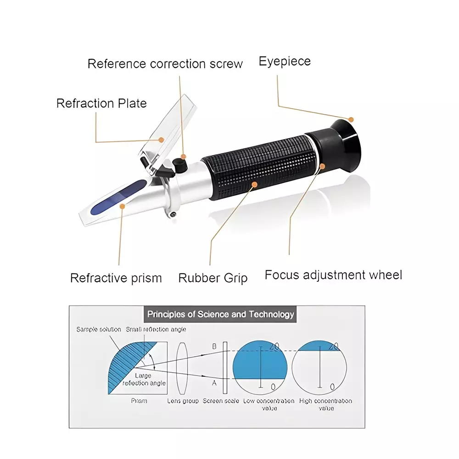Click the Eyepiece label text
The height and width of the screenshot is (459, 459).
coord(285,61)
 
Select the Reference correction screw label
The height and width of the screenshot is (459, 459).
coord(165,63)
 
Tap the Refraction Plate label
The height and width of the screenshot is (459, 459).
coord(101,103)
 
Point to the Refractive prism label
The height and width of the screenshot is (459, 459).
coord(116,278)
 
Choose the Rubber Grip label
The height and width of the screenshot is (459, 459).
coord(213,278)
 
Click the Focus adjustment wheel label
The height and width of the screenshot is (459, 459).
coord(333,275)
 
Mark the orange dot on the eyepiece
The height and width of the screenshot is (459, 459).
coord(352,119)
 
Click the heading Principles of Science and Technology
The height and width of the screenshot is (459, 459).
coord(220,314)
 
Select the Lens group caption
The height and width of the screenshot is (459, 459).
coord(183,401)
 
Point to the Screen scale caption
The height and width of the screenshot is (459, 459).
coord(221,401)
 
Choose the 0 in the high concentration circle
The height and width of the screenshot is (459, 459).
coord(332,386)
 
